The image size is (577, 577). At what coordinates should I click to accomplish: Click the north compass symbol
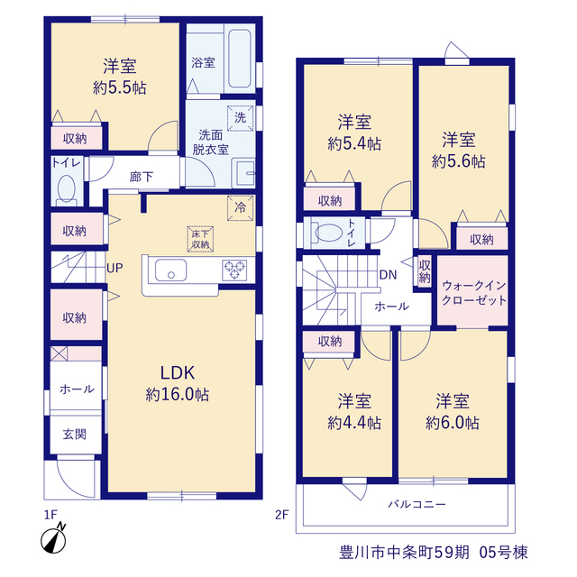coord(54,539)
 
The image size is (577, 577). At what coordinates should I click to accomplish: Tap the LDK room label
coord(178,373)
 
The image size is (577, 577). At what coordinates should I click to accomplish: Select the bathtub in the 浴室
coord(240,59)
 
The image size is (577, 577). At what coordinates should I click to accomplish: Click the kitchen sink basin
coord(170,270)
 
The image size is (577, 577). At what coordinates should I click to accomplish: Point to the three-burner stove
coord(234,270)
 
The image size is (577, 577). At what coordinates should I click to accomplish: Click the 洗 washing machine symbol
coord(241,118)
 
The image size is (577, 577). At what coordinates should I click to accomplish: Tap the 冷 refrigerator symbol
coord(241,208)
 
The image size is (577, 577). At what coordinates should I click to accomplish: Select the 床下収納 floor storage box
coord(200,239)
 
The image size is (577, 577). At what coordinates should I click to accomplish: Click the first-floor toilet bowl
coord(67,188)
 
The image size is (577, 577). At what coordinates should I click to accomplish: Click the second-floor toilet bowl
coord(328,233)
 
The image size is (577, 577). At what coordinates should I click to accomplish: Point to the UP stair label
coord(114,268)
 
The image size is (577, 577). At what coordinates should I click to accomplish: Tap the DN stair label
coord(388,274)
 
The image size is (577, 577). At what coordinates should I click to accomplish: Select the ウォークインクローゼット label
coord(474,293)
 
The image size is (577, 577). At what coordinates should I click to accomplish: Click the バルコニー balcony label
coord(417,504)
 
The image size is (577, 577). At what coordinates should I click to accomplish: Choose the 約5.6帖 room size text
coord(459,161)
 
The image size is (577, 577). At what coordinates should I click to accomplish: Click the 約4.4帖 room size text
coord(354,423)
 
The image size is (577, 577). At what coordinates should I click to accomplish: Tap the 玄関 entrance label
coord(75,435)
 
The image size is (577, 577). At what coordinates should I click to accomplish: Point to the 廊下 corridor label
coord(142,177)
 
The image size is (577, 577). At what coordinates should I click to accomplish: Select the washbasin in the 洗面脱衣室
coord(244,173)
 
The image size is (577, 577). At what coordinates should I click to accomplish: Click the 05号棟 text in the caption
coord(503,553)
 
